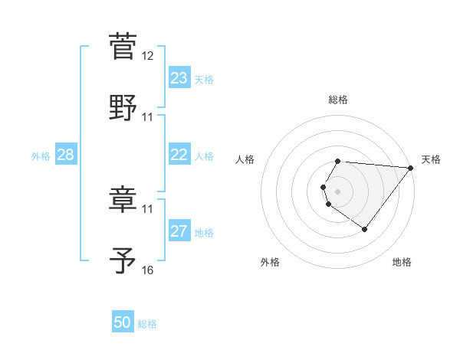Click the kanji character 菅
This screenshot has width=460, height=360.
coord(123,46)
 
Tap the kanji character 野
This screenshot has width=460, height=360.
coord(123,107)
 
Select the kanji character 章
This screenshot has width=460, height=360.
coord(123,199)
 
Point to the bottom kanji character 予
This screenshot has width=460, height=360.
coord(123,260)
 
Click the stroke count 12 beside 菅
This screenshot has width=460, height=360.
coord(148,56)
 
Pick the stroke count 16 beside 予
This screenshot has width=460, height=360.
coord(148,270)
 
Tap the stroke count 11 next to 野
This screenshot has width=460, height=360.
coord(148,117)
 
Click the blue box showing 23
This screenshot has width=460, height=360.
coord(179,78)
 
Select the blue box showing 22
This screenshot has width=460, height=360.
coord(179,155)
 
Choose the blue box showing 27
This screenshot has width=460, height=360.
coord(179,231)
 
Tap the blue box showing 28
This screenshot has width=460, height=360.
coord(65,155)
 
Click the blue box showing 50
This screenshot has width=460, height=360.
coord(123,322)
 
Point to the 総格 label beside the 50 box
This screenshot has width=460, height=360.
coord(147,324)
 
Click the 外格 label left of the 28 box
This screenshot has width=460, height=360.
coord(41,156)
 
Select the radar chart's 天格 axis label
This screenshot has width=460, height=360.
coord(431,159)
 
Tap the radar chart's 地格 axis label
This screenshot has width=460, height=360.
coord(402,262)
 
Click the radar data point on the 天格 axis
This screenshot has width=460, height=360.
coord(411,168)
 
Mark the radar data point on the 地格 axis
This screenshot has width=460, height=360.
coord(364,229)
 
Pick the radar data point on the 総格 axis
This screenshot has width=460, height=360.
coord(338,161)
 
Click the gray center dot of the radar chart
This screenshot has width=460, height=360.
coord(338,191)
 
